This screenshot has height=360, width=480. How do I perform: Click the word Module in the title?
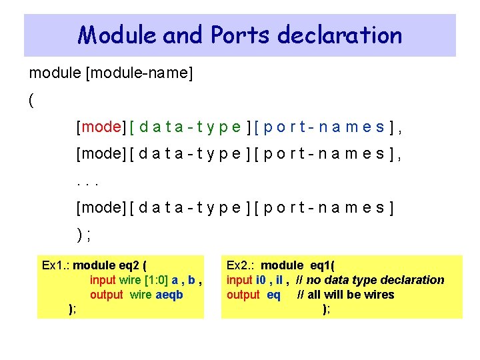[117, 35]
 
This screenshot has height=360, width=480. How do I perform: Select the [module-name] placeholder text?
[139, 73]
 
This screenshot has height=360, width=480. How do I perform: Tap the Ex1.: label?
[56, 265]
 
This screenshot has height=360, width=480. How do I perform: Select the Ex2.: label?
[241, 265]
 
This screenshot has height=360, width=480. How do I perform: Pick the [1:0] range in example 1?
[156, 280]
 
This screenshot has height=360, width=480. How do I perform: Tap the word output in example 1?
[107, 295]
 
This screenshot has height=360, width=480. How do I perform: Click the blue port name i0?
[261, 280]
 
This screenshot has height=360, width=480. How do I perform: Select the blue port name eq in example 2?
[273, 295]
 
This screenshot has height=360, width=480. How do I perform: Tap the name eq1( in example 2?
[323, 265]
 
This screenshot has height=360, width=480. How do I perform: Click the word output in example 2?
[243, 295]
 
